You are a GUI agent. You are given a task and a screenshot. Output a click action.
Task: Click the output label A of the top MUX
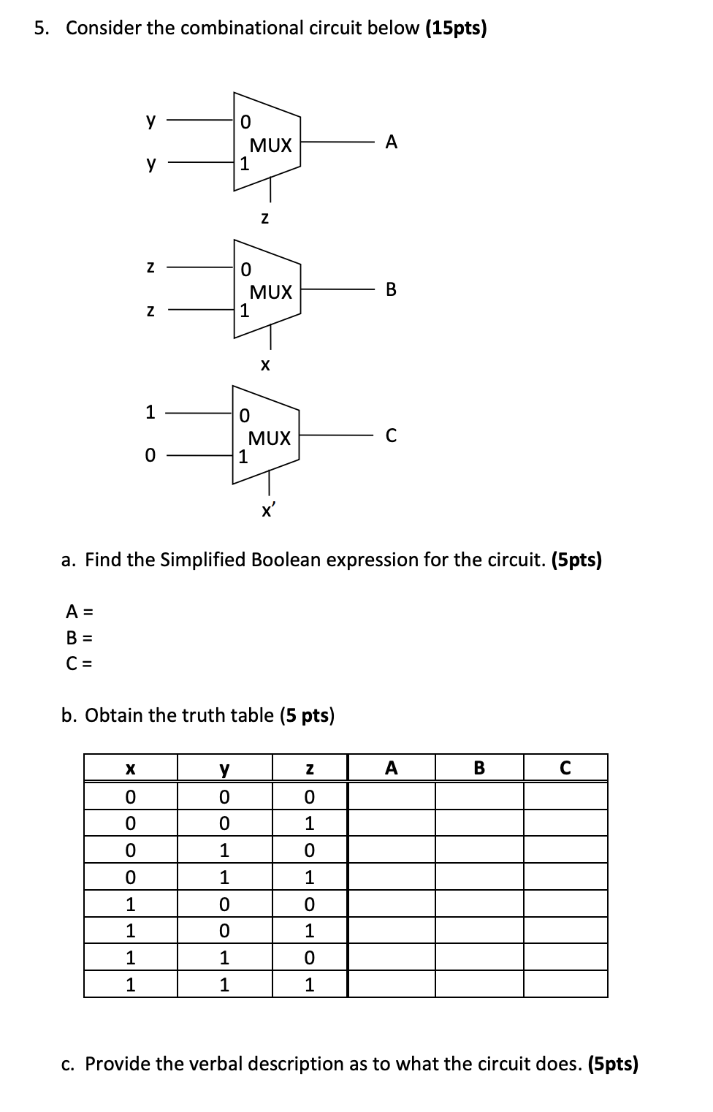coord(392,142)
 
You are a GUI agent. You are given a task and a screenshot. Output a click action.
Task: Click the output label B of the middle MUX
coord(391,289)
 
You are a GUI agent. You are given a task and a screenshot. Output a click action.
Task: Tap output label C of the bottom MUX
coord(391,436)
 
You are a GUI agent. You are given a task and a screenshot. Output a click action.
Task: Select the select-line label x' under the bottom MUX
coord(268,511)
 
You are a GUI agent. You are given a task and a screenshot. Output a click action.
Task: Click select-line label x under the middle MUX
coord(265,364)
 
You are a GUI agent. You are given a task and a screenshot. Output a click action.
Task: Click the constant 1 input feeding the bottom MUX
coord(150,413)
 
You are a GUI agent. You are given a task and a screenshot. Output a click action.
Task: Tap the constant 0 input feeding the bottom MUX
coord(150,456)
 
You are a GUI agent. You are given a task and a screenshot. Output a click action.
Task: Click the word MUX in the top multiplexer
coord(271,145)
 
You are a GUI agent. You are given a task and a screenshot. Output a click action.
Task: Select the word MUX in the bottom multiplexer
coord(270,438)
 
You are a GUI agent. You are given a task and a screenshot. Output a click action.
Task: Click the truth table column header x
coord(130,769)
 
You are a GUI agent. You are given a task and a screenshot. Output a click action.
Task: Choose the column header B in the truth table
coord(479,769)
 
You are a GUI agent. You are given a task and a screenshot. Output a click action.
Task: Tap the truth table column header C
coord(565,769)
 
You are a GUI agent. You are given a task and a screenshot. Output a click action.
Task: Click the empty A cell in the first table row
coord(392,796)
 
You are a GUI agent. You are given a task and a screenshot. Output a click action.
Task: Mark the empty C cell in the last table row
coord(565,984)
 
